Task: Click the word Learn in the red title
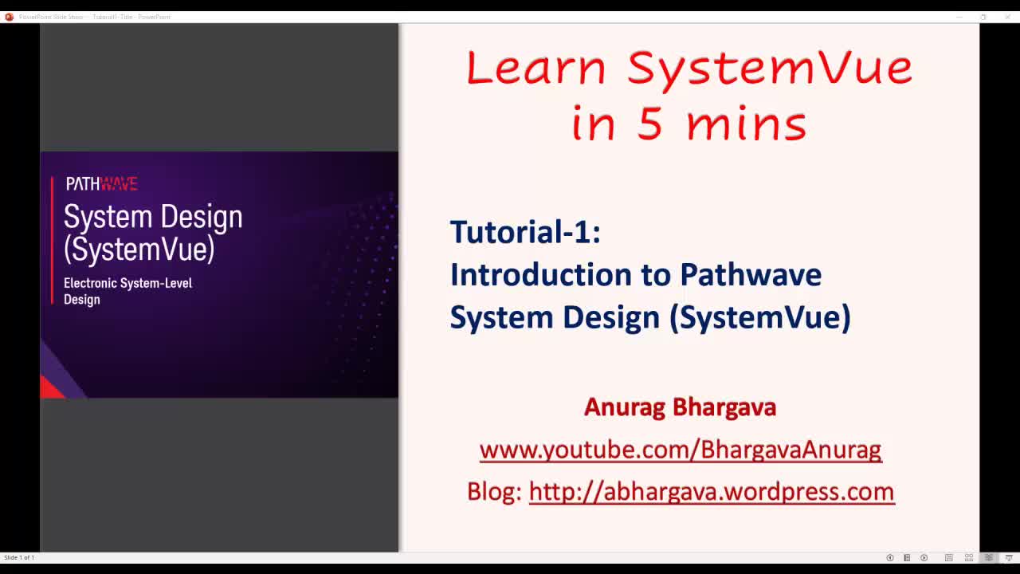coord(535,67)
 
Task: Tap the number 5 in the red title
coord(649,124)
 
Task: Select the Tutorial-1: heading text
coord(525,232)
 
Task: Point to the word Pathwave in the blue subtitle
coord(750,274)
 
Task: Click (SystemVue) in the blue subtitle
coord(759,317)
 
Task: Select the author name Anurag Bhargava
coord(680,407)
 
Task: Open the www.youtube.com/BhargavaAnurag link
coord(680,450)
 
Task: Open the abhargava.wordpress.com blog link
coord(711,491)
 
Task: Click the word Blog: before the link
coord(494,491)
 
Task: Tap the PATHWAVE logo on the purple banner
coord(101,184)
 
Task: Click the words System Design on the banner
coord(153,217)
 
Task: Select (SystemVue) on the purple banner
coord(139,250)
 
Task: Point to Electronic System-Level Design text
coord(127,291)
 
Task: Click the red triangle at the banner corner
coord(50,388)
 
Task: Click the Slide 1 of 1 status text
coord(19,557)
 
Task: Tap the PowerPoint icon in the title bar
coord(9,17)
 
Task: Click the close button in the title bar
coord(1007,17)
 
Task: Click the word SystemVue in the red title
coord(769,67)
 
